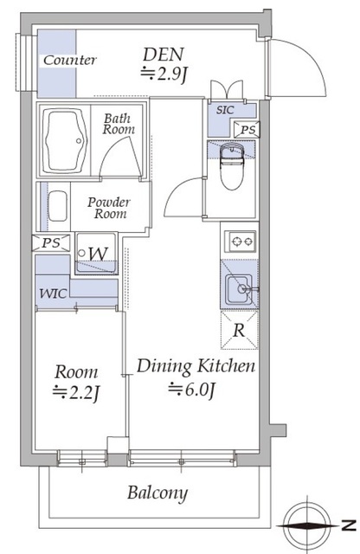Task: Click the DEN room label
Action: point(164,55)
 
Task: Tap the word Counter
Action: point(69,61)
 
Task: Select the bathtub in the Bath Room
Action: point(64,140)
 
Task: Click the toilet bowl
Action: point(231,166)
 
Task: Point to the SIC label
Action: point(225,110)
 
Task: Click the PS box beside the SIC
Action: point(247,130)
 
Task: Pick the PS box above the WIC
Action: point(51,242)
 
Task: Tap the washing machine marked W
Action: point(96,253)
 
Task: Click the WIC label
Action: point(53,293)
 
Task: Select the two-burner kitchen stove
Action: point(241,242)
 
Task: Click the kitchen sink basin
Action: point(239,289)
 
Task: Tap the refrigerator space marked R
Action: point(240,330)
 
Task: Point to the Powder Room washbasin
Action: point(57,206)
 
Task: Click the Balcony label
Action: point(157,493)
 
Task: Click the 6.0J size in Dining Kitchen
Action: point(191,389)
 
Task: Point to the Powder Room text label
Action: point(109,208)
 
